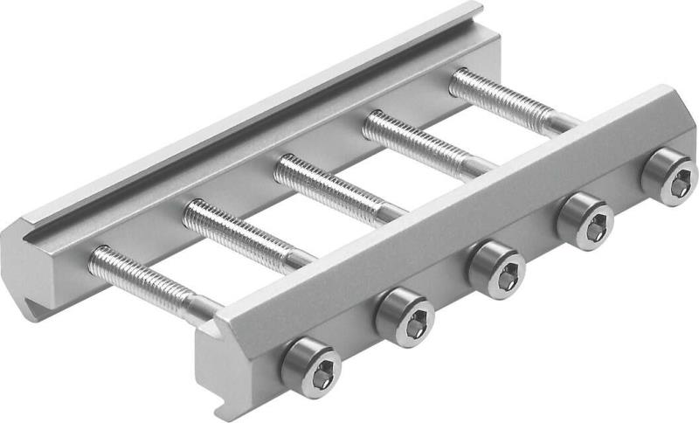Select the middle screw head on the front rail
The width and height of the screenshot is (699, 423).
pyautogui.click(x=495, y=267)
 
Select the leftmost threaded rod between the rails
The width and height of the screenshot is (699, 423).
pyautogui.click(x=140, y=274)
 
